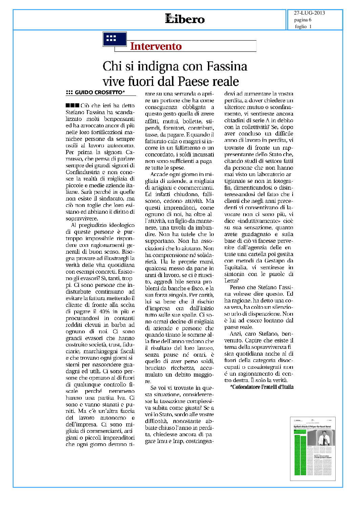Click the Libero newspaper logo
point(185,19)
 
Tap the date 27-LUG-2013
point(309,13)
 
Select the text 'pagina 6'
point(302,20)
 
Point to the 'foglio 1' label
point(303,26)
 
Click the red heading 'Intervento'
point(156,46)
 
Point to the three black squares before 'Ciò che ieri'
point(72,106)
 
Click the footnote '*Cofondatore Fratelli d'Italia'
point(262,387)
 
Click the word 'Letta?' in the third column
point(231,280)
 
